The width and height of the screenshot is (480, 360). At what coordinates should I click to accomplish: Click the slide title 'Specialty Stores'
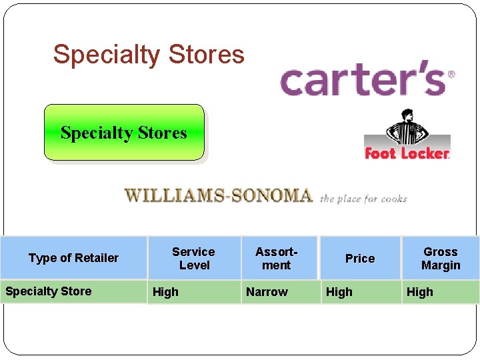(x=149, y=54)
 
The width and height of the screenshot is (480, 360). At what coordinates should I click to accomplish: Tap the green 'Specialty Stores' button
(x=124, y=133)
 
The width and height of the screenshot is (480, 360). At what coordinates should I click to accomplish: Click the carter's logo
(x=363, y=80)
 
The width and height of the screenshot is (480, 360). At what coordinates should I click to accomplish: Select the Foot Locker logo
(x=407, y=153)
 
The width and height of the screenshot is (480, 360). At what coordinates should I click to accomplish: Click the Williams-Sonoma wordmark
(x=219, y=195)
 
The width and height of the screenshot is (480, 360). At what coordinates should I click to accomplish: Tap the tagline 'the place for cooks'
(x=363, y=199)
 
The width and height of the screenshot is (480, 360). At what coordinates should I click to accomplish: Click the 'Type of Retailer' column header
(x=73, y=258)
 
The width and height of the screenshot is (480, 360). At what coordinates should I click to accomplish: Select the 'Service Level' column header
(x=193, y=258)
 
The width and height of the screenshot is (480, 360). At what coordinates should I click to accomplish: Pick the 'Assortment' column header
(x=276, y=258)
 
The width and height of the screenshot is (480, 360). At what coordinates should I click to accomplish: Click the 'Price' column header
(x=360, y=258)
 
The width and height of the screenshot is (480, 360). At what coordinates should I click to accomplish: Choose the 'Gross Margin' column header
(x=441, y=258)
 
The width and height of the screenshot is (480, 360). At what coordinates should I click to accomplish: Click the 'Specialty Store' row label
(x=49, y=291)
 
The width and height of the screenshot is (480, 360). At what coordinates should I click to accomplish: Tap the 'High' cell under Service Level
(x=166, y=291)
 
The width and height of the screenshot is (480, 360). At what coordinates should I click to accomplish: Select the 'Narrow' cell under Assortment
(x=267, y=291)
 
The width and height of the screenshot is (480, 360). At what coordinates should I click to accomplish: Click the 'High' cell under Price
(x=339, y=291)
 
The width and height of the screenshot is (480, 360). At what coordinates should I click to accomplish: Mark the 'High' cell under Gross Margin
(x=420, y=291)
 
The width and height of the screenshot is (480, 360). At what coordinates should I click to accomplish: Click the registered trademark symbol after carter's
(x=451, y=74)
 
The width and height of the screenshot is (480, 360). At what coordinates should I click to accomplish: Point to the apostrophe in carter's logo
(x=418, y=70)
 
